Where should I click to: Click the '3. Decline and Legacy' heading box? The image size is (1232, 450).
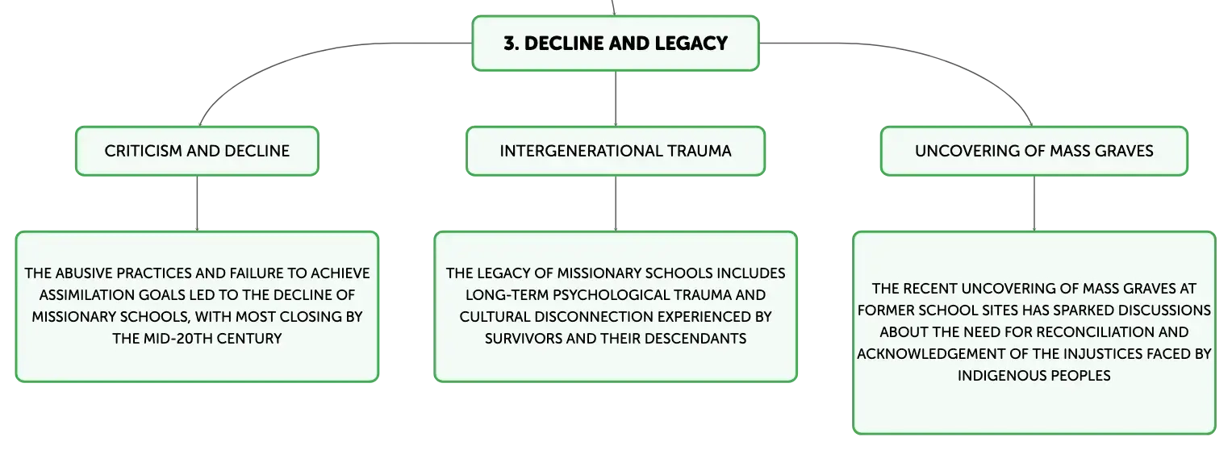616,44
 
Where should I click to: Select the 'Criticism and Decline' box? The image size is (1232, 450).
197,151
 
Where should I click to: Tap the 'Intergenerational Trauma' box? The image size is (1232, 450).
616,151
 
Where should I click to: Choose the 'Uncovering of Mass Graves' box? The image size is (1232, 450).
1034,151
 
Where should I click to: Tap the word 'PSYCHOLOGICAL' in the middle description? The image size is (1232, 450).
606,295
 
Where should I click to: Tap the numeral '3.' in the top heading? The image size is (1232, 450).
512,44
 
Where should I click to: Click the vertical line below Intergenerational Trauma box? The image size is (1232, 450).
616,203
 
